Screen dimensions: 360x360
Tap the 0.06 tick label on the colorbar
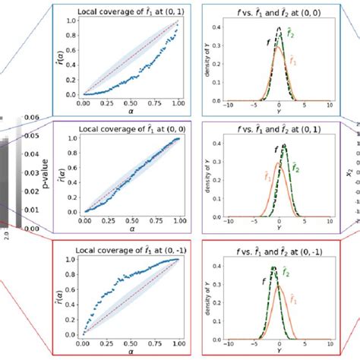(x=32, y=117)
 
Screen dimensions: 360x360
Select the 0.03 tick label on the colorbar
(x=32, y=172)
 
